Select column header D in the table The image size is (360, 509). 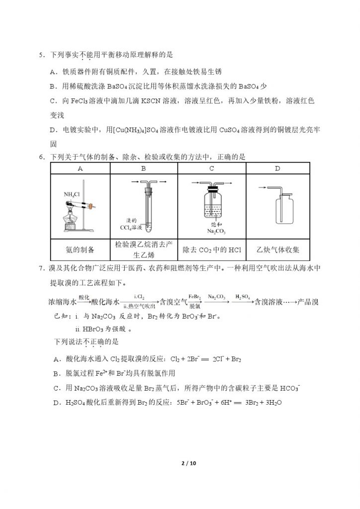(278, 168)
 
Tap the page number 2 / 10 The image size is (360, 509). (180, 464)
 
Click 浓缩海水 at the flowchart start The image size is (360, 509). (63, 302)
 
